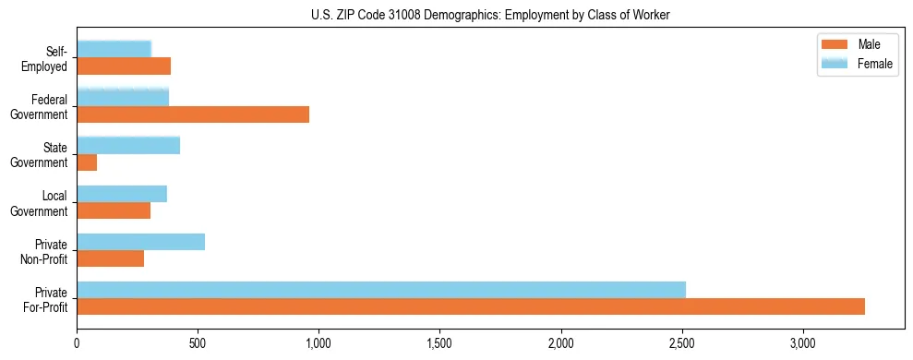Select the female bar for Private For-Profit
381,289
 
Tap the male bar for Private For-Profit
471,306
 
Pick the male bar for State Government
87,162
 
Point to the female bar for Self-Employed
114,49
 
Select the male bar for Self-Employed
124,66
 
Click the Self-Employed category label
49,57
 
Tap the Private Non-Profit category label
45,251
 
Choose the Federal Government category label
41,106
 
